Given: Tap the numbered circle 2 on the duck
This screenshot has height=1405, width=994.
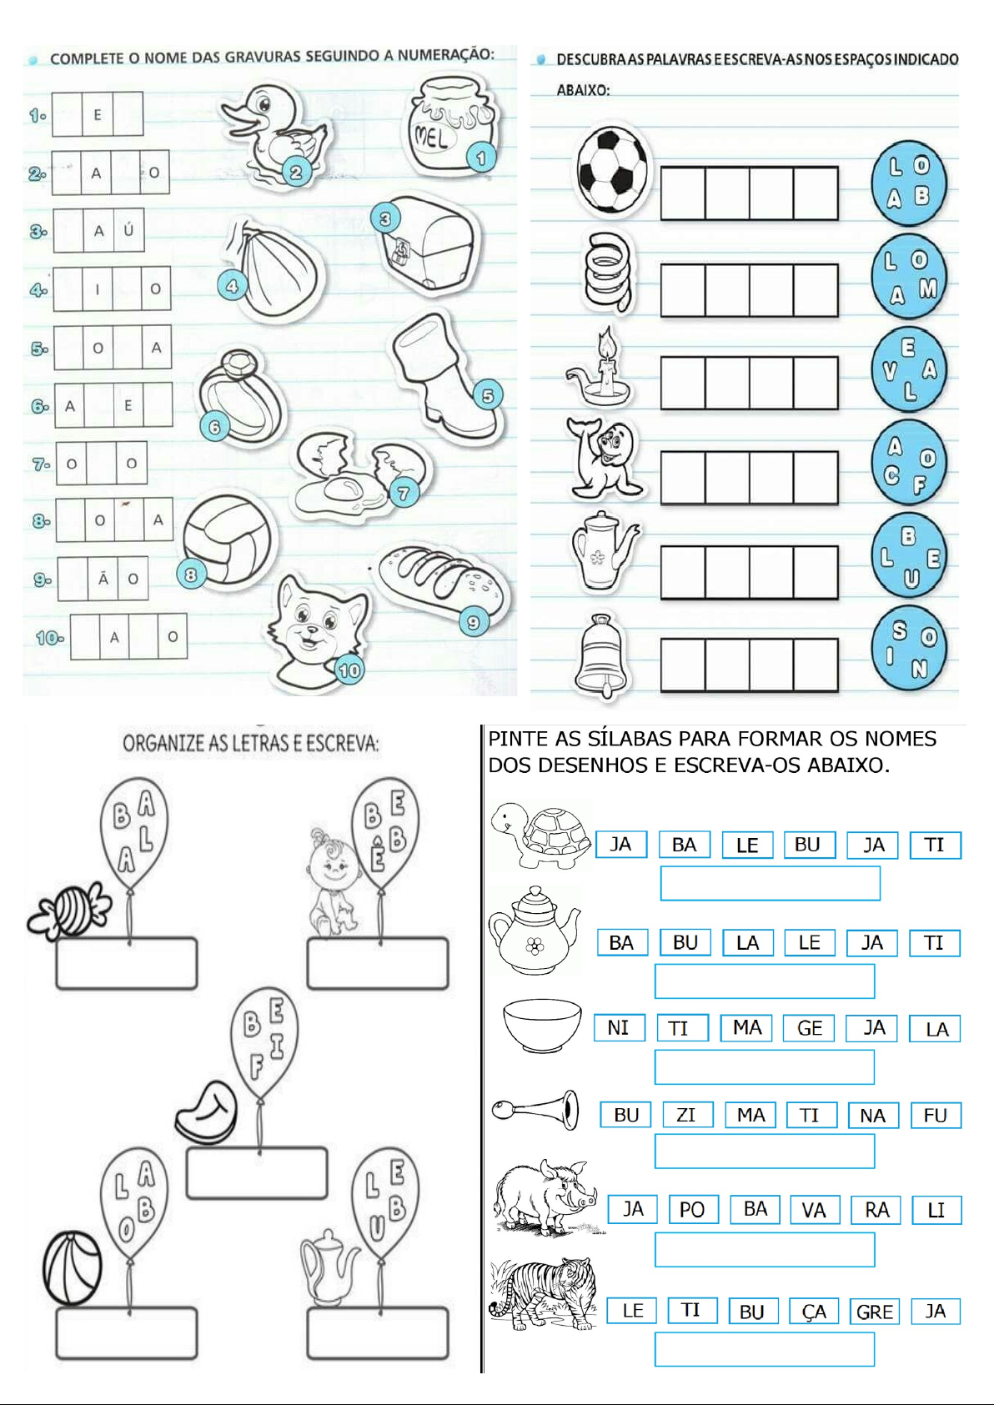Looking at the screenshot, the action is point(296,171).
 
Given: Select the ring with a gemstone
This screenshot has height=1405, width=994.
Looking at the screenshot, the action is point(239,395).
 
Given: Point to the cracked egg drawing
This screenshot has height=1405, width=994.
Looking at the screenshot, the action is point(360,472).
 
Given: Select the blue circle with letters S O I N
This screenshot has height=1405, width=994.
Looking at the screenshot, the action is point(909,650).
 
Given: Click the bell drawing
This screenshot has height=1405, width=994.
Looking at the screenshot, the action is point(603,655).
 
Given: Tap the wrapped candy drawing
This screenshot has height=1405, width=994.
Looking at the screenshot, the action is point(69,910).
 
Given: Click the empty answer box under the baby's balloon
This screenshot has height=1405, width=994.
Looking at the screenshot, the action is point(378,963).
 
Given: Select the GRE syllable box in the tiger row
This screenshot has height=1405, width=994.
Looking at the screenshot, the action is point(874,1312).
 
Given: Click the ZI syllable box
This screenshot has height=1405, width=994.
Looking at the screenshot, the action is point(687,1115).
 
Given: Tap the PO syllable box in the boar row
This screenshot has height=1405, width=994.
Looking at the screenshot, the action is point(692,1209).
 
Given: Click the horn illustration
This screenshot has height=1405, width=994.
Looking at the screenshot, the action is point(535,1110).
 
